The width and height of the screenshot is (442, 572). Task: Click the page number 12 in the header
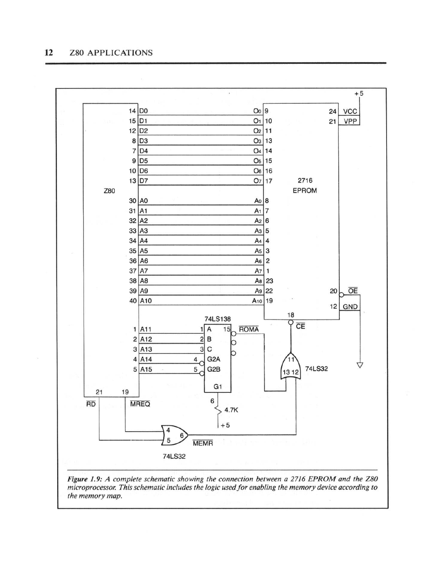point(49,53)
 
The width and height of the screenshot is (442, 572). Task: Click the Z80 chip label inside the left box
point(109,191)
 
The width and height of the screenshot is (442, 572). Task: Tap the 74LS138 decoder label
point(218,319)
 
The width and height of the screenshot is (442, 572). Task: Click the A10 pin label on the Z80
point(146,301)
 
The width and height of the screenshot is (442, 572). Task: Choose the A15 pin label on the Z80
point(146,369)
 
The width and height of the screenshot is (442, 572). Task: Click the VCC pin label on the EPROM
point(349,111)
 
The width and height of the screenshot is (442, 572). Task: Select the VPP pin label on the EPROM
point(349,121)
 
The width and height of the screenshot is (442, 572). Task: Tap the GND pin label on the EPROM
point(350,307)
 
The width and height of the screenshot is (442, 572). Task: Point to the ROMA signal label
point(249,329)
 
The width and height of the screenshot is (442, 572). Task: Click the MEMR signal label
point(202,443)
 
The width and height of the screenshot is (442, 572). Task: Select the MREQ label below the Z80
point(140,404)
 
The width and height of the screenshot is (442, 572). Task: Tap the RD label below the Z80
point(91,404)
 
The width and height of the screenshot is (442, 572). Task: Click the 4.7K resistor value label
point(231,409)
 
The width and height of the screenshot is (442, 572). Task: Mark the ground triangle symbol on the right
point(359,365)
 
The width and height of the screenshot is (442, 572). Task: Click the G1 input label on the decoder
point(218,386)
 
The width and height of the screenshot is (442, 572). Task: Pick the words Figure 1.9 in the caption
point(84,479)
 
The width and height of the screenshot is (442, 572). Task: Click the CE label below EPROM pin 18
point(300,327)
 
